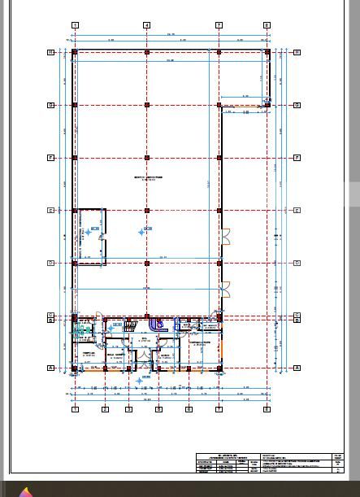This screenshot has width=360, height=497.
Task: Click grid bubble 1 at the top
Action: tap(75, 25)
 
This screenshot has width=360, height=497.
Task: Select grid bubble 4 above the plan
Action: tap(146, 25)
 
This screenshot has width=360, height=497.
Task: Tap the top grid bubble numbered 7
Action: tap(219, 25)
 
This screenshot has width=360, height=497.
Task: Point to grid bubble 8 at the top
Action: tap(267, 25)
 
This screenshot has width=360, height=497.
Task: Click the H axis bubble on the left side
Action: tap(51, 52)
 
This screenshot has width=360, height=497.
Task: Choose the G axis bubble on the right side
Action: tap(297, 105)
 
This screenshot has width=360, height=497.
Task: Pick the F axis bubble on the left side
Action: tap(51, 158)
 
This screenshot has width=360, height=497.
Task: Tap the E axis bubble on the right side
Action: tap(297, 210)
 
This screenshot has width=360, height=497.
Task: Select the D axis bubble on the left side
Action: tap(51, 263)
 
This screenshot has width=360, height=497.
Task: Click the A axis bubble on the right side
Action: tap(297, 368)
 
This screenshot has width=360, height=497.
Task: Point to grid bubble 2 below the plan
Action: tap(105, 408)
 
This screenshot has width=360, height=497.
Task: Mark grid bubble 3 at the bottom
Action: tap(128, 408)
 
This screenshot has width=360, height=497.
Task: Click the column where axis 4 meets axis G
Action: tap(147, 105)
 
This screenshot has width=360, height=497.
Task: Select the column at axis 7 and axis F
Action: tap(219, 158)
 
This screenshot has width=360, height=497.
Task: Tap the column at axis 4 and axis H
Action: tap(147, 52)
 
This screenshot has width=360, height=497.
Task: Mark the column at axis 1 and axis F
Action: tap(75, 158)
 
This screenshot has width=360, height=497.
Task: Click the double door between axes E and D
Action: tap(226, 237)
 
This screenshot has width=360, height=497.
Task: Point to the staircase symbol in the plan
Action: tap(130, 326)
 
